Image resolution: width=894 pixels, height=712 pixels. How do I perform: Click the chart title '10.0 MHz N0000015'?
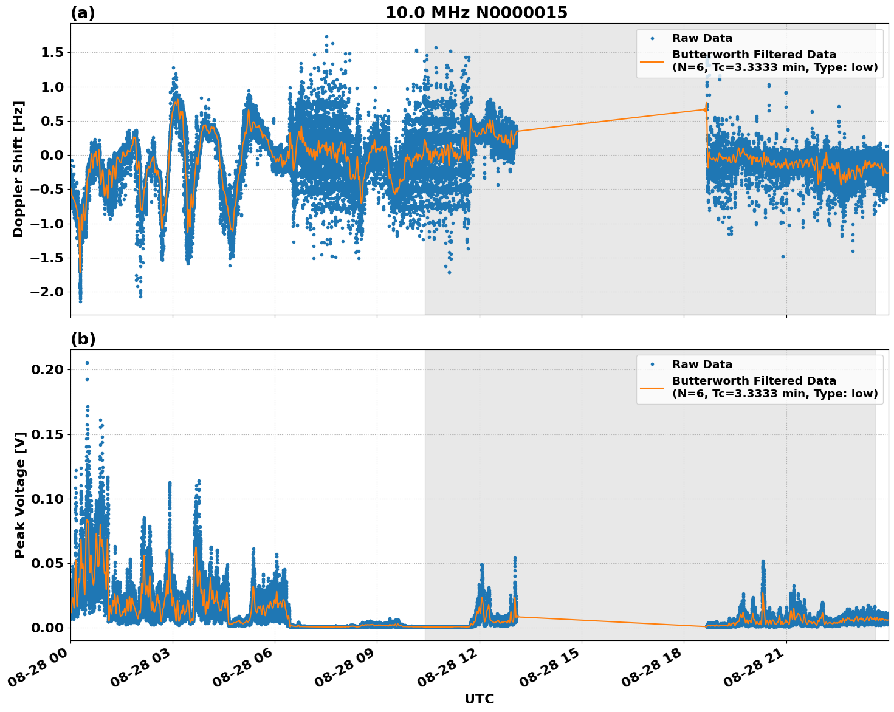pos(476,13)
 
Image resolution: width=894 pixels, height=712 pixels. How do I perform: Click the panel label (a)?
pos(83,13)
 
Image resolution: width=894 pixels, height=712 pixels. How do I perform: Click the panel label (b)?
pos(83,339)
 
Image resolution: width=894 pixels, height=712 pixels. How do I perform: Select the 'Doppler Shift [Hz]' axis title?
pos(18,169)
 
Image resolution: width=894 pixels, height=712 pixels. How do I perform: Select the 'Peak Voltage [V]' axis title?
pos(19,495)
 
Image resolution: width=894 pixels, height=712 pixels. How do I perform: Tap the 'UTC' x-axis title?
pos(479,699)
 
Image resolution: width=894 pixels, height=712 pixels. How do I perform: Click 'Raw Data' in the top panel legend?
pos(702,39)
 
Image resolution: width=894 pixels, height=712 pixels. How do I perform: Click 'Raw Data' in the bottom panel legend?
pos(702,365)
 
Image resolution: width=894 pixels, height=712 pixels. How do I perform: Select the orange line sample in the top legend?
pos(652,61)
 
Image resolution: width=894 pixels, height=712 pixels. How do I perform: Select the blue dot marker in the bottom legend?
pos(652,365)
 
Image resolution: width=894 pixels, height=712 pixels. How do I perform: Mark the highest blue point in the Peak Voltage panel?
pos(87,363)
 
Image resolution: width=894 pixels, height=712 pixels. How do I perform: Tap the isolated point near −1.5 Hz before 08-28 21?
pos(783,256)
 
